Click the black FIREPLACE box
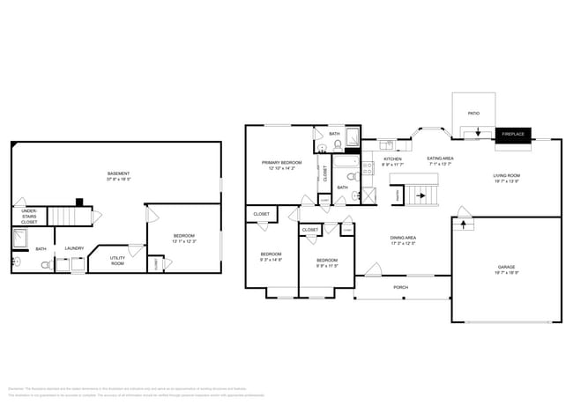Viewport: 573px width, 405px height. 512,134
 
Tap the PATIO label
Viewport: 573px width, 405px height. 473,113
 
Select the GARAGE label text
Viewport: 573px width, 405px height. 506,267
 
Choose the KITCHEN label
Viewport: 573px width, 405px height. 392,159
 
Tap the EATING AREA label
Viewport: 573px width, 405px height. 440,159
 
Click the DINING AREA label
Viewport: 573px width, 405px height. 404,239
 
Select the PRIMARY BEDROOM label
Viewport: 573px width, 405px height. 281,163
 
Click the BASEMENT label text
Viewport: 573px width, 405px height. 119,173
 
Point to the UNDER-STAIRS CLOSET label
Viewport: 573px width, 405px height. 29,217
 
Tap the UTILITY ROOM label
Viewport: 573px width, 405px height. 117,260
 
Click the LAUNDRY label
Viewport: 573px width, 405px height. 74,248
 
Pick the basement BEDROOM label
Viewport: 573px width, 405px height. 183,237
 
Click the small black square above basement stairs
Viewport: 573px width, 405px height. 78,202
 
